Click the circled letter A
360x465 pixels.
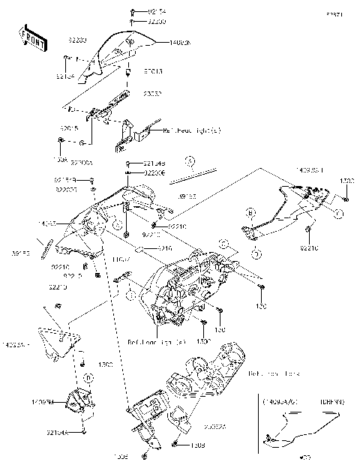190,161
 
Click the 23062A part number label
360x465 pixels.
198,425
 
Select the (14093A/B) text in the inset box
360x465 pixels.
280,402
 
